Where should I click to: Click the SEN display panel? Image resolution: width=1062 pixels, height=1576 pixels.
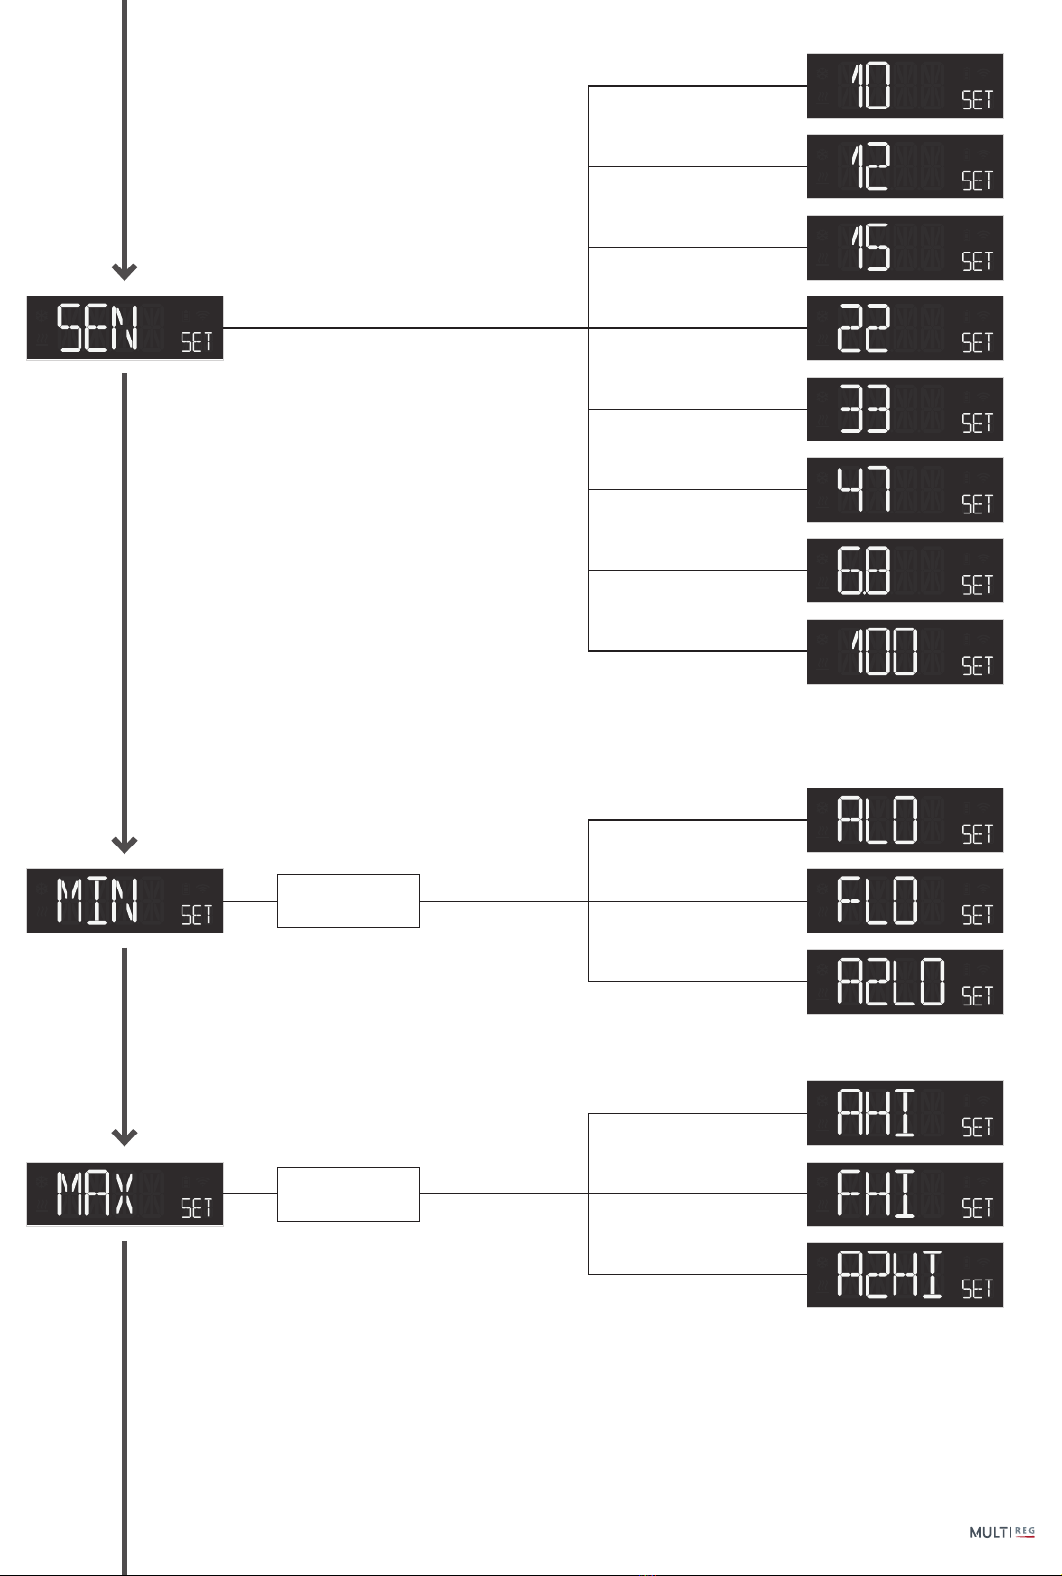(x=124, y=328)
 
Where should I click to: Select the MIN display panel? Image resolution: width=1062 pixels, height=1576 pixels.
(x=124, y=901)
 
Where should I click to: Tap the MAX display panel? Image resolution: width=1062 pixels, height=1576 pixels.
(x=124, y=1194)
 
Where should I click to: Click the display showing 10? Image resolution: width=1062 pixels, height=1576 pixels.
(x=905, y=86)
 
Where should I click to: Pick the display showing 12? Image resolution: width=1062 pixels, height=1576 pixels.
(x=905, y=166)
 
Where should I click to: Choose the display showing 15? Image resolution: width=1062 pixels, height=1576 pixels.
(x=905, y=248)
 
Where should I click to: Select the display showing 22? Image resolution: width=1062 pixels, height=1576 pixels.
(x=905, y=328)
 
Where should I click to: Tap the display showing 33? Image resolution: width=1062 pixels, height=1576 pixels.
(x=905, y=410)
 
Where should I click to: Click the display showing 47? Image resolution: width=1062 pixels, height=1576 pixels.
(x=905, y=490)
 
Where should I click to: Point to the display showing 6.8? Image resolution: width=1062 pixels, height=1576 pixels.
(x=905, y=571)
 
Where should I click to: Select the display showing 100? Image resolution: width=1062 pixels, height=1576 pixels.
(x=905, y=652)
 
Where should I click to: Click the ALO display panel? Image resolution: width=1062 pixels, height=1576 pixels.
(x=905, y=820)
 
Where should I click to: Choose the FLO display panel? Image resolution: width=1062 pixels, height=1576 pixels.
(x=905, y=901)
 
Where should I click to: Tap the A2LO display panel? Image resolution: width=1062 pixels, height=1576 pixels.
(x=905, y=982)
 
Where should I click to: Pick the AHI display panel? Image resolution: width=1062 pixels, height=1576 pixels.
(x=905, y=1113)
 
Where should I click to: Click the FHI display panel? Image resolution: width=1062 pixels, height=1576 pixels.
(x=905, y=1194)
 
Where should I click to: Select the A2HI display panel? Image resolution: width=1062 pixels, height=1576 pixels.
(x=905, y=1275)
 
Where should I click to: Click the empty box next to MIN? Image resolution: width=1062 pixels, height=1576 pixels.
(x=348, y=901)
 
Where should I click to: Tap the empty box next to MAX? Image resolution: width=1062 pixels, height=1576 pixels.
(x=348, y=1194)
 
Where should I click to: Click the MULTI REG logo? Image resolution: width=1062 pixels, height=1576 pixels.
(x=1002, y=1532)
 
